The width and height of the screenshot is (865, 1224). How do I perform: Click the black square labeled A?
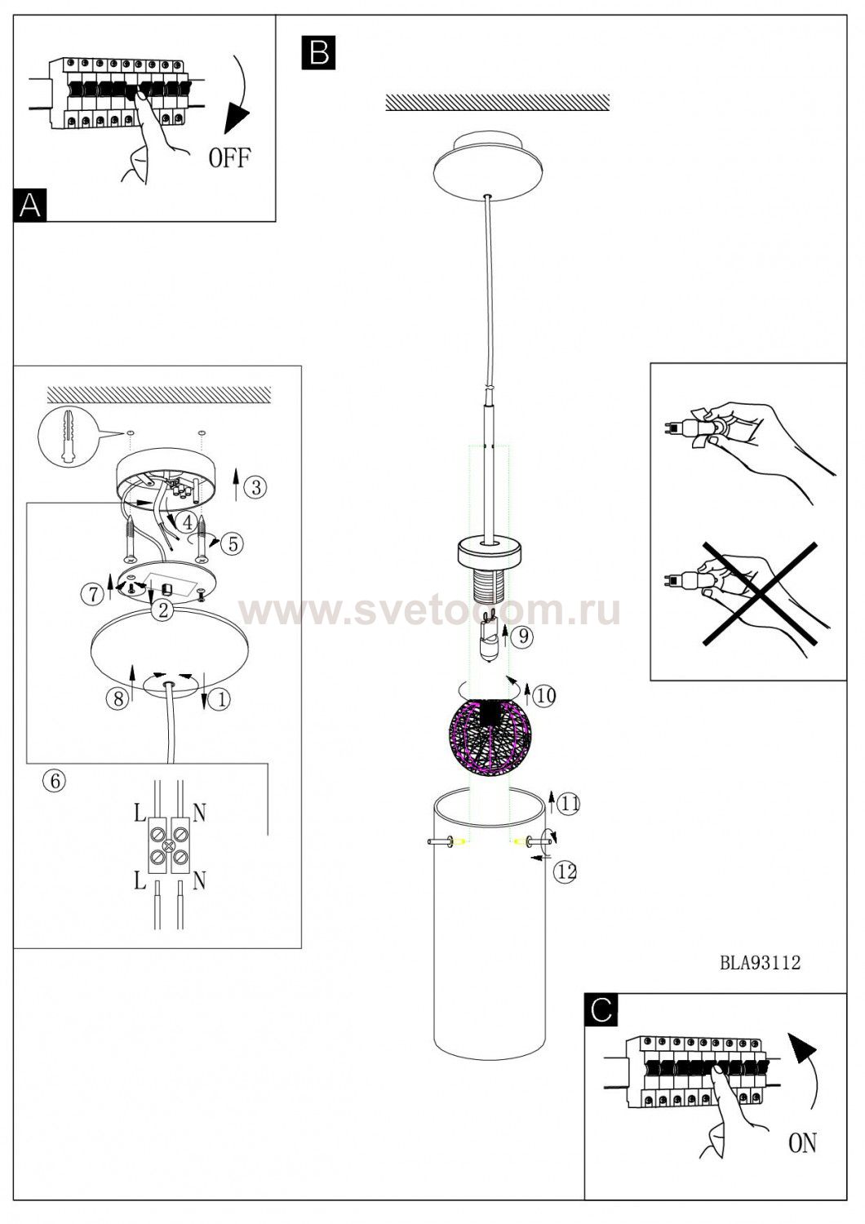(30, 205)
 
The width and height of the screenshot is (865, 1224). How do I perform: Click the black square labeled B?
(318, 52)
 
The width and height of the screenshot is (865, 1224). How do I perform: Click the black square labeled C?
(601, 1010)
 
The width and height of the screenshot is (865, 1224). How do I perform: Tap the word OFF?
(229, 157)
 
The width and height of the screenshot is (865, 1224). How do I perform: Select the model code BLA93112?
(760, 962)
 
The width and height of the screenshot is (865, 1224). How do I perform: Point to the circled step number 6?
(55, 781)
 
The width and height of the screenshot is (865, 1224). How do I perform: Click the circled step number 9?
(523, 636)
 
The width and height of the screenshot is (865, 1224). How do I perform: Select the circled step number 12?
(566, 871)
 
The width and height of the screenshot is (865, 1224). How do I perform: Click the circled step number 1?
(221, 699)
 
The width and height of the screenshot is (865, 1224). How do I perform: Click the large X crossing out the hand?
(760, 595)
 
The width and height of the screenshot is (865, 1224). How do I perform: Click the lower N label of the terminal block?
(199, 880)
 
